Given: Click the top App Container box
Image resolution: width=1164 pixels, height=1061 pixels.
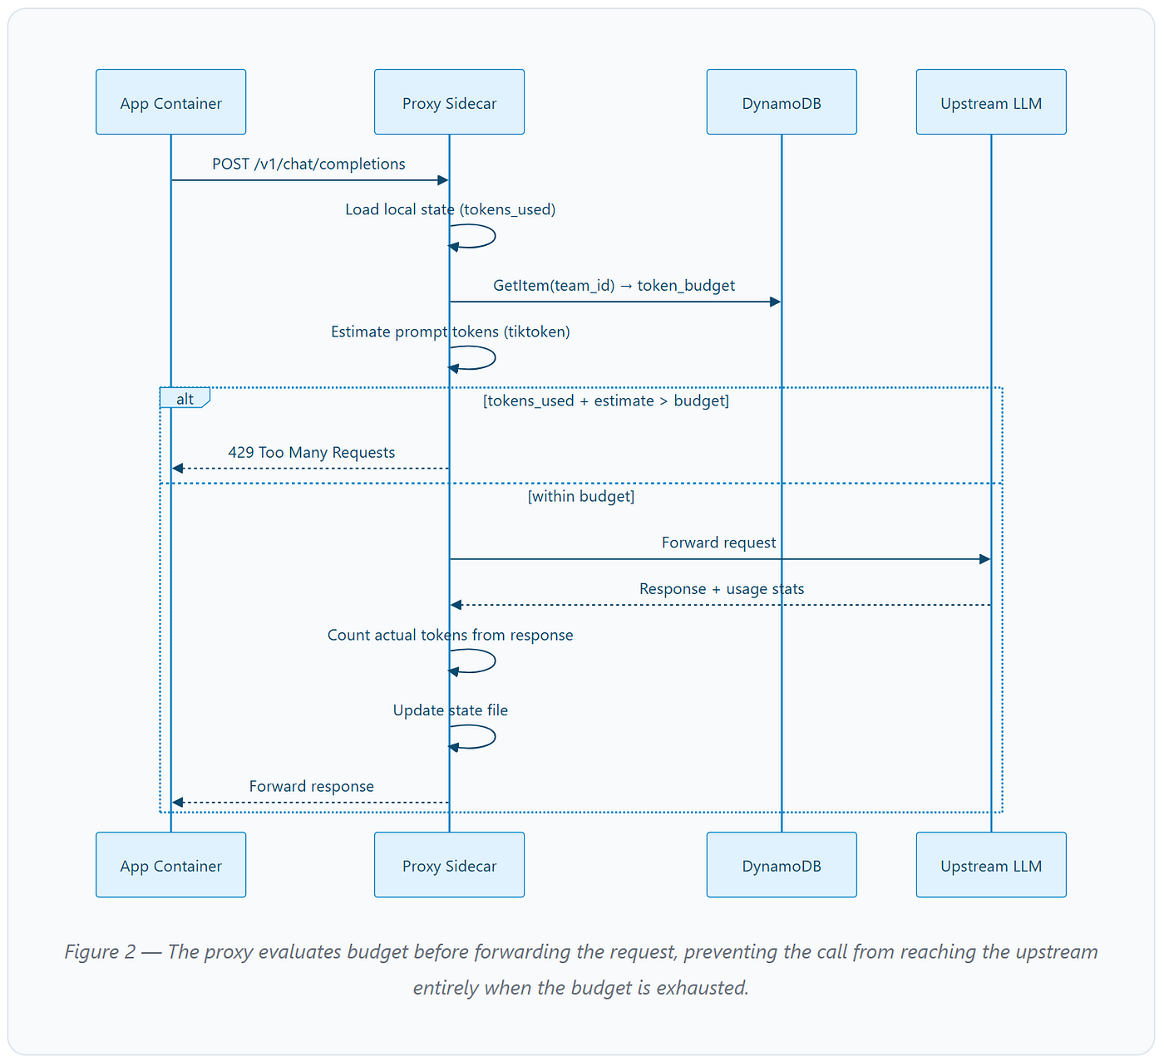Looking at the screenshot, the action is (x=170, y=102).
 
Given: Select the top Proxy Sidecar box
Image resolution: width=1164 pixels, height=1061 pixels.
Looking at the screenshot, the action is (x=449, y=102).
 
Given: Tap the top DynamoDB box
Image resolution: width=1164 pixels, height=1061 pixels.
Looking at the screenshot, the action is (x=782, y=102).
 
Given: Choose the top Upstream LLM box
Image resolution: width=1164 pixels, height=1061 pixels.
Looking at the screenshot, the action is (x=991, y=102).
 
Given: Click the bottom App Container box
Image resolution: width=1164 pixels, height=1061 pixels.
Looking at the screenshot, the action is (x=170, y=865).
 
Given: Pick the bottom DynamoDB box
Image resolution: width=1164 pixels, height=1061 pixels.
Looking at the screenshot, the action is (x=782, y=865).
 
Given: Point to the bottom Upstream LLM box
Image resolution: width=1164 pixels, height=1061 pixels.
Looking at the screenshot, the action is (x=991, y=865).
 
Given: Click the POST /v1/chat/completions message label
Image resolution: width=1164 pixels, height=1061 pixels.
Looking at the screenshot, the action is (x=308, y=165).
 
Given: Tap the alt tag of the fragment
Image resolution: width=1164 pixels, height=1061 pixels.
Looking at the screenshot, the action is (x=185, y=399).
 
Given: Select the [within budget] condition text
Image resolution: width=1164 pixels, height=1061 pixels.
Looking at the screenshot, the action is (x=581, y=497).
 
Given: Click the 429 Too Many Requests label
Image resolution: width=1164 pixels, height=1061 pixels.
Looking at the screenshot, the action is (x=312, y=452).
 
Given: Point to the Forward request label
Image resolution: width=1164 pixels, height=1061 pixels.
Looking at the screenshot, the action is (x=718, y=543).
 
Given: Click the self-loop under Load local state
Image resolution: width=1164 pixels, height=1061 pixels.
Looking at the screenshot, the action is (x=495, y=236).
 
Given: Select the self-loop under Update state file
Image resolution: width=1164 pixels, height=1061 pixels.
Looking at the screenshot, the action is (x=495, y=737).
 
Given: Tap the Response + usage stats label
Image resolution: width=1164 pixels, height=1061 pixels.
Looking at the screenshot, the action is (x=722, y=589).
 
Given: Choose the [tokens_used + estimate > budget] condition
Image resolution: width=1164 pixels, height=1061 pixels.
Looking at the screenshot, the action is (x=606, y=400).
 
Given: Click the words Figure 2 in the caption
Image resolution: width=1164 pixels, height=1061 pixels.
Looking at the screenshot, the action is (x=100, y=952).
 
